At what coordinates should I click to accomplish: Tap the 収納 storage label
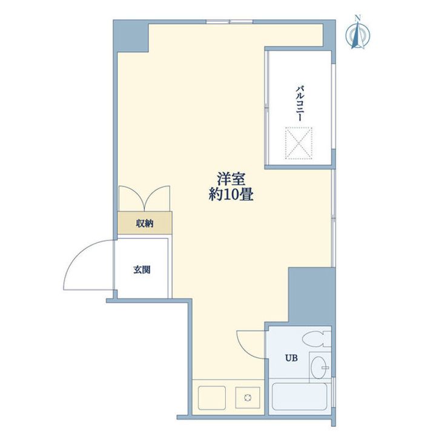(144, 223)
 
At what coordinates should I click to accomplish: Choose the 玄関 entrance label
(142, 269)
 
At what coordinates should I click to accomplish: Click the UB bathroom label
(292, 357)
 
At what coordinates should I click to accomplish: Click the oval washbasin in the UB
(319, 366)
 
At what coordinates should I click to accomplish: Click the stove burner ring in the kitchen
(247, 398)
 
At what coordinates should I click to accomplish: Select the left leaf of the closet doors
(130, 198)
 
